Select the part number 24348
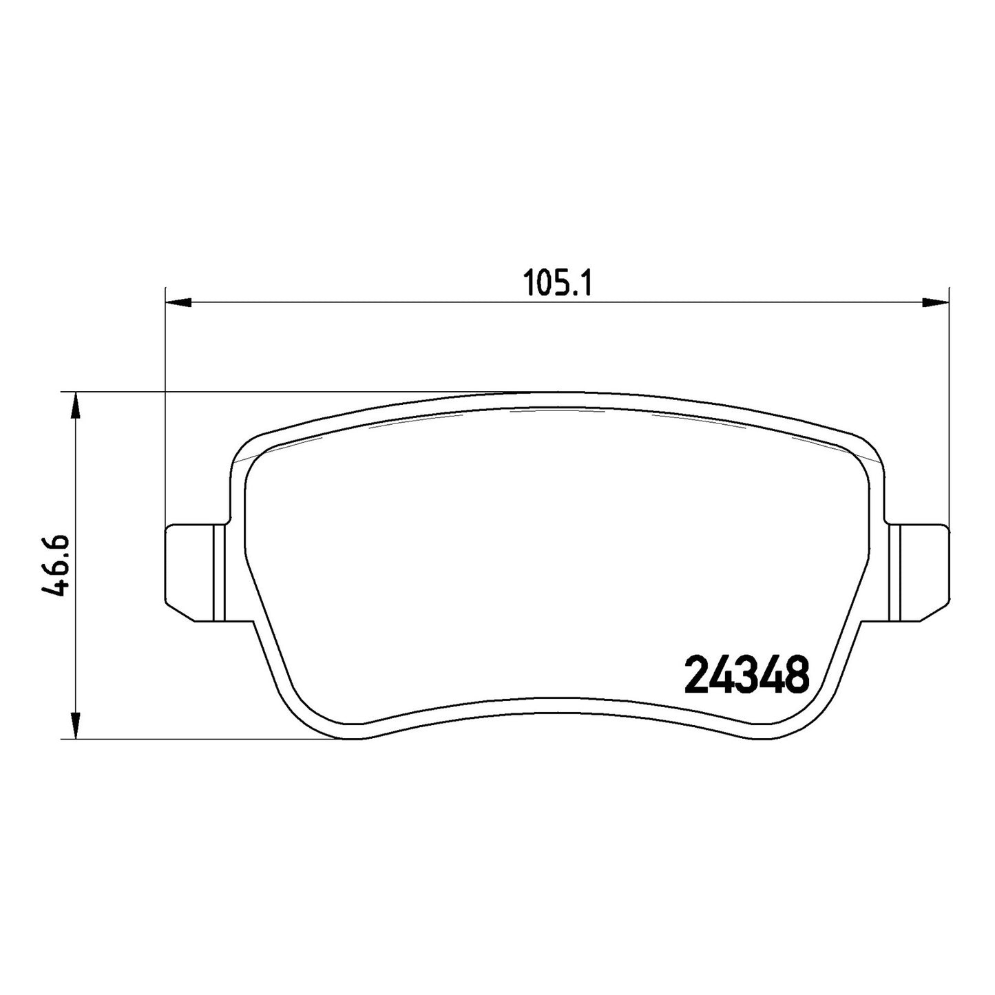pos(746,675)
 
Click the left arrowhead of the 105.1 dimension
pos(178,302)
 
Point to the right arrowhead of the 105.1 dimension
pos(936,302)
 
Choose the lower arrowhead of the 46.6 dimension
pos(75,726)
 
